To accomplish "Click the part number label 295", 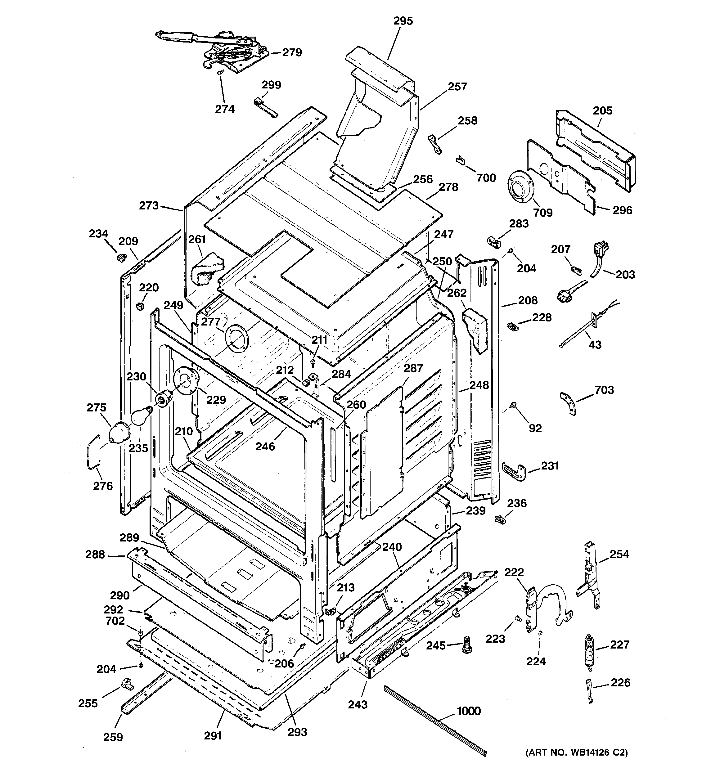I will tap(403, 21).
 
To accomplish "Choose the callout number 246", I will tap(265, 446).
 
